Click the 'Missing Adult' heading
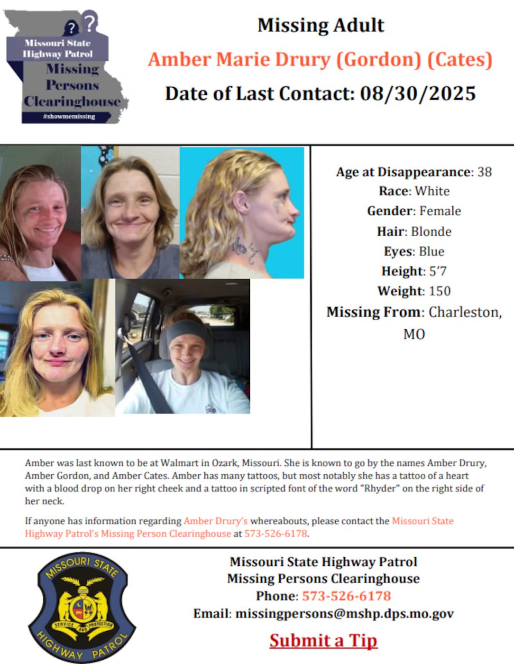(x=321, y=25)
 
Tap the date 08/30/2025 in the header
(x=418, y=93)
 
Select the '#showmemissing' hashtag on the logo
(x=69, y=117)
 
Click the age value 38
(x=484, y=172)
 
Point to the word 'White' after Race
(x=432, y=191)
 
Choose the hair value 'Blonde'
(x=431, y=231)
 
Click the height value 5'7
(x=438, y=271)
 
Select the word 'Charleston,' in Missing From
(x=465, y=312)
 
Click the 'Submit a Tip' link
(x=323, y=640)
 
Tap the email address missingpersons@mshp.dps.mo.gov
(x=345, y=614)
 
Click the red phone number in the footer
(x=346, y=596)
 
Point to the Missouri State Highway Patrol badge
(x=82, y=608)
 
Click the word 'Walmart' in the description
(x=178, y=463)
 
